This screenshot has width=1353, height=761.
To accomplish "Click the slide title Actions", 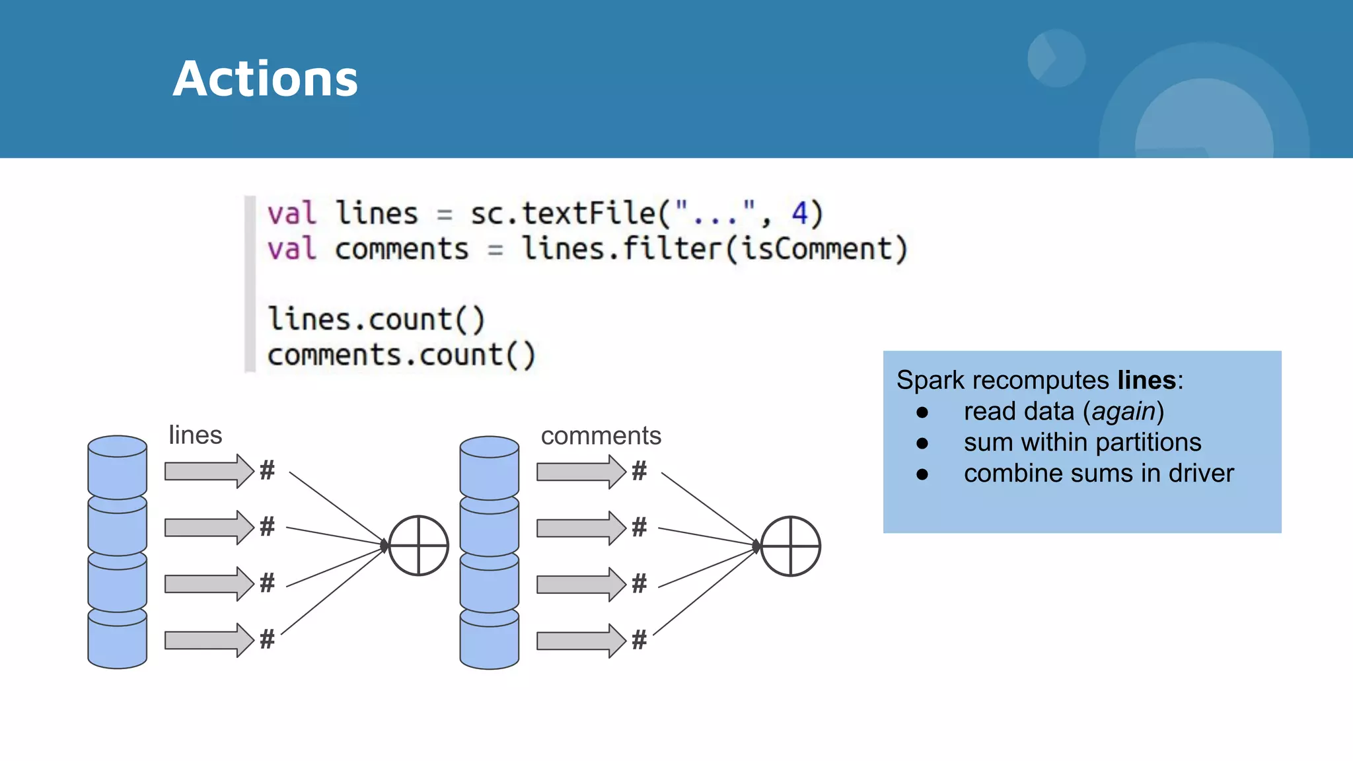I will tap(265, 79).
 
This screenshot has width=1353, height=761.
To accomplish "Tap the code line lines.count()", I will tap(376, 320).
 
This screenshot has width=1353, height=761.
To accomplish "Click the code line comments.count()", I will tap(401, 355).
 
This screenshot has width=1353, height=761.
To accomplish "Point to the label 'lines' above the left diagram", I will tap(195, 435).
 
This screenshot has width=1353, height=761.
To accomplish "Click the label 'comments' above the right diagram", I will tap(601, 436).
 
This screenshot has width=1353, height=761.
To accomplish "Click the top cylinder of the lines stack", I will tap(118, 466).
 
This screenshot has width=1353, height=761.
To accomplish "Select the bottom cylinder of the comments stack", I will tap(490, 639).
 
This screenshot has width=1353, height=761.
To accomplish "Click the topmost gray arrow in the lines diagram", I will tap(209, 471).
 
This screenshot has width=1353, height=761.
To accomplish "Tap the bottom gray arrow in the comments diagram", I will tap(581, 641).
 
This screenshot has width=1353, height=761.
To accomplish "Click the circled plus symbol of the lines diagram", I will tap(419, 546).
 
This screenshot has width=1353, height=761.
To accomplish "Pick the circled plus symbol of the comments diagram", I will tap(791, 546).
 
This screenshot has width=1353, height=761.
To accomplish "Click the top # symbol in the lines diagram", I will tap(267, 470).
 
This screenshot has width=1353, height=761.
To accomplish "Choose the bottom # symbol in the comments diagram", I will tap(639, 639).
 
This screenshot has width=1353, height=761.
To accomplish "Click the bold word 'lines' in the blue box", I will tap(1146, 380).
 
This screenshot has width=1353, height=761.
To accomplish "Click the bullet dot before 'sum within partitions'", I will tap(922, 443).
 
